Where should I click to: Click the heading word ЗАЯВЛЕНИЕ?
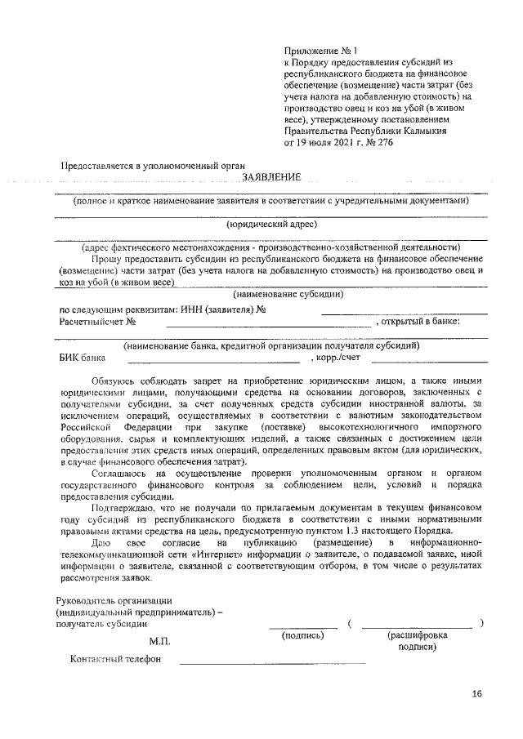[x=271, y=178]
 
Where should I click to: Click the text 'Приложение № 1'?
[x=312, y=51]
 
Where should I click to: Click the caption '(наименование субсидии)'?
[x=288, y=294]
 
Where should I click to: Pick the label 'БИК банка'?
[x=83, y=357]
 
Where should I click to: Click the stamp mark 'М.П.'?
[x=159, y=644]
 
